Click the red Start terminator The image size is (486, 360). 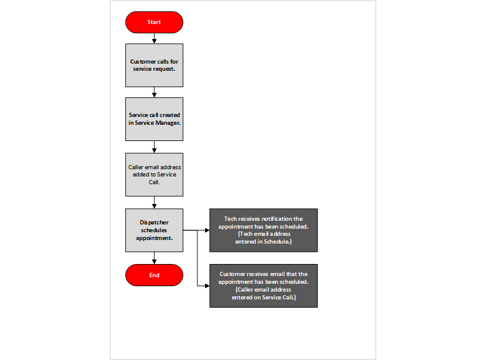click(x=154, y=22)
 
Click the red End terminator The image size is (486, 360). click(x=154, y=275)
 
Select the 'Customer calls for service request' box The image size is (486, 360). click(x=154, y=65)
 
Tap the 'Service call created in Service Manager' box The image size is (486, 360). click(x=154, y=119)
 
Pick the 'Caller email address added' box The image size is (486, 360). click(x=154, y=174)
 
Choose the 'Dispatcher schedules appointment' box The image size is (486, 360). click(x=154, y=230)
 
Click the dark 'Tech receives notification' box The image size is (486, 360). click(x=263, y=230)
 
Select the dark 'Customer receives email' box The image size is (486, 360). click(x=263, y=286)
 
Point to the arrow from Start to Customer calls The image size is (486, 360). click(x=155, y=38)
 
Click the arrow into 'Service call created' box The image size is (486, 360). click(x=155, y=93)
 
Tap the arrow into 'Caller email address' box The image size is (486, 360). click(x=155, y=148)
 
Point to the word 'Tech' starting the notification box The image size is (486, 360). click(x=230, y=219)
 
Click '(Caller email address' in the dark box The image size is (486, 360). click(x=263, y=290)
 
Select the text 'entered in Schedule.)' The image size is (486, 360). click(x=263, y=241)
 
